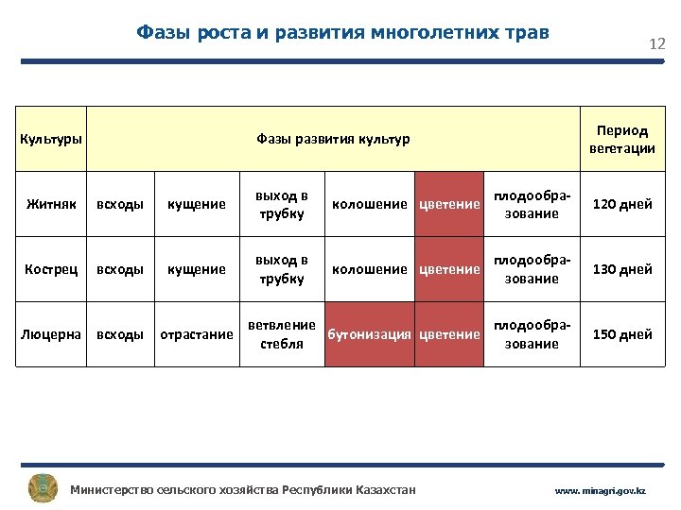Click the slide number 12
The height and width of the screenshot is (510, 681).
(x=656, y=44)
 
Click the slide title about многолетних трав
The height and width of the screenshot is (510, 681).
(x=342, y=33)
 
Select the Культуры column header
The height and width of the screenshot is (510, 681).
(x=51, y=139)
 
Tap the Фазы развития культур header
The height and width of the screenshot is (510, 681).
(x=333, y=139)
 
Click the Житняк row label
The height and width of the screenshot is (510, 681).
(x=51, y=204)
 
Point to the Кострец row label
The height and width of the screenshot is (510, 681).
(x=51, y=269)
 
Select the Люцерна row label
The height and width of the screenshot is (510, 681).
(x=51, y=334)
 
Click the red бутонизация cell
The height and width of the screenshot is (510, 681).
(x=369, y=334)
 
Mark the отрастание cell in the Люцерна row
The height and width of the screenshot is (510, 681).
(x=197, y=334)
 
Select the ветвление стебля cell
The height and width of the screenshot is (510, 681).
(x=281, y=334)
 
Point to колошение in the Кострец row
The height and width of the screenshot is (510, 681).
(x=370, y=269)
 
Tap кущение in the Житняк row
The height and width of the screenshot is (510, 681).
(x=197, y=204)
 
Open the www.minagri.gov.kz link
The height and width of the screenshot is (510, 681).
(x=600, y=491)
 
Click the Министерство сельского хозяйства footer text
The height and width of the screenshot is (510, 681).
(x=243, y=489)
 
